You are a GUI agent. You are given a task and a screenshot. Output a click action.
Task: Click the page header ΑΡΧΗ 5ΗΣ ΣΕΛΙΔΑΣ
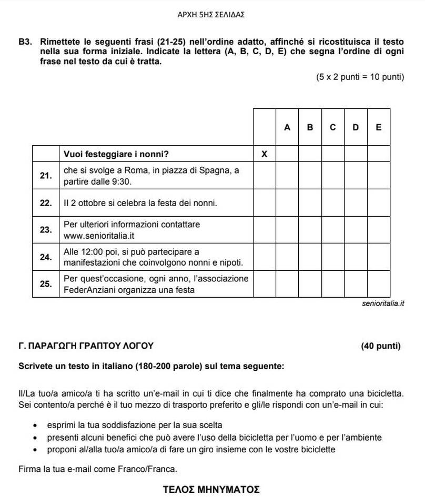211,15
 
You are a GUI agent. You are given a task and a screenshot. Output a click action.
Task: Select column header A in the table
287,127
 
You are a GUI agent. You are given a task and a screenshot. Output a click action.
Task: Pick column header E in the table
378,127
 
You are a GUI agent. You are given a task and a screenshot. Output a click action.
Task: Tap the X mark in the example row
264,154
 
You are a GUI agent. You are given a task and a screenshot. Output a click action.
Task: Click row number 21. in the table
46,176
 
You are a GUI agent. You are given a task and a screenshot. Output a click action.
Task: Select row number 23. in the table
46,230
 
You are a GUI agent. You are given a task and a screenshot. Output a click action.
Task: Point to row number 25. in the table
46,284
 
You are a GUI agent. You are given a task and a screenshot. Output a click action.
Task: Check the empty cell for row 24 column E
378,257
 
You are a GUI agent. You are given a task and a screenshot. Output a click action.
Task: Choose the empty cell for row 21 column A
287,176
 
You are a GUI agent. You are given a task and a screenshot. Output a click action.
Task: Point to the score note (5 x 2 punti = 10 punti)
360,77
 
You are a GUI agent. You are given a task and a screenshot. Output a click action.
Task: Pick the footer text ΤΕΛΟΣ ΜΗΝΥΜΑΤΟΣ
211,490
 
